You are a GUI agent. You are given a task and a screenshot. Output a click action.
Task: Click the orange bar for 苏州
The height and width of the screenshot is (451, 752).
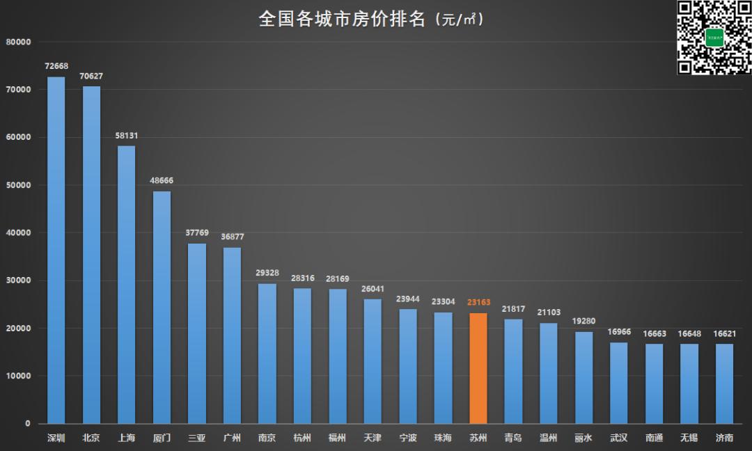pyautogui.click(x=478, y=368)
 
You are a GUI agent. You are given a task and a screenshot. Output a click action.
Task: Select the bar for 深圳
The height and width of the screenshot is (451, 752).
pyautogui.click(x=56, y=250)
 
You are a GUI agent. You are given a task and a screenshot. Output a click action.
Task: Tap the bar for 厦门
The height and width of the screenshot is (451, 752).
pyautogui.click(x=162, y=307)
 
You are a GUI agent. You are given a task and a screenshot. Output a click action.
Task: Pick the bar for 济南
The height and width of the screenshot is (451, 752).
pyautogui.click(x=724, y=383)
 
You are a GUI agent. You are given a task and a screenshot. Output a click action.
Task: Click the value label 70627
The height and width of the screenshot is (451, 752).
pyautogui.click(x=91, y=77)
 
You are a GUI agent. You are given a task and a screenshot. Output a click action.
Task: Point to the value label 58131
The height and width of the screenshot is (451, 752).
pyautogui.click(x=127, y=136)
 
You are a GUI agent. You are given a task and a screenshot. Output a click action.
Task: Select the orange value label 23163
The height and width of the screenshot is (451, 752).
pyautogui.click(x=478, y=303)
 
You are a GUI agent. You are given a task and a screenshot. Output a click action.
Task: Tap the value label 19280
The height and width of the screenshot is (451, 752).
pyautogui.click(x=583, y=322)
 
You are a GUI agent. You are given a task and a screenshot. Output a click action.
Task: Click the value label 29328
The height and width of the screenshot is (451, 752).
pyautogui.click(x=267, y=274)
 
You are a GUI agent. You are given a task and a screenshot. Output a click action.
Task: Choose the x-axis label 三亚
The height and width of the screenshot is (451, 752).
pyautogui.click(x=197, y=438)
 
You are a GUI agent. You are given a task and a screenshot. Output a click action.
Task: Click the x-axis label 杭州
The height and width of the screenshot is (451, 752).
pyautogui.click(x=302, y=438)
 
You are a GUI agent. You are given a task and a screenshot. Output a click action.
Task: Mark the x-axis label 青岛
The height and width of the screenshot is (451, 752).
pyautogui.click(x=513, y=438)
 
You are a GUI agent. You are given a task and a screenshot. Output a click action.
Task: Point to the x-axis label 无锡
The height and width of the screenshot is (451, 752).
pyautogui.click(x=689, y=438)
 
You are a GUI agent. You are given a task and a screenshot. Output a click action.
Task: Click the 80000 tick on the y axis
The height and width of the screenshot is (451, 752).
pyautogui.click(x=19, y=42)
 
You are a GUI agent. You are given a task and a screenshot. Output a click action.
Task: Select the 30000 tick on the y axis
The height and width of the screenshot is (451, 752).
pyautogui.click(x=19, y=281)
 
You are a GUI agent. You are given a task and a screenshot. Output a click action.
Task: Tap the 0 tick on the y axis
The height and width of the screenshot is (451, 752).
pyautogui.click(x=28, y=424)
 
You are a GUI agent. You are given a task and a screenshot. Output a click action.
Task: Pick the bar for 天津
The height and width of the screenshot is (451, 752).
pyautogui.click(x=373, y=361)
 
